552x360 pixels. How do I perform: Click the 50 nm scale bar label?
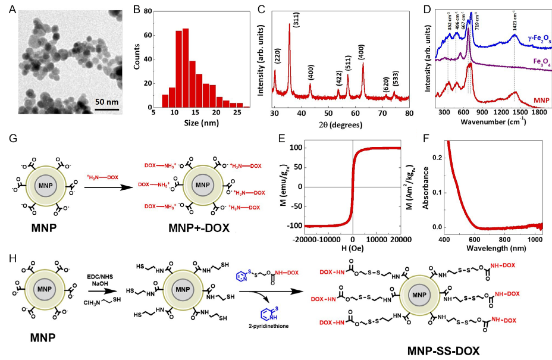(x=106, y=102)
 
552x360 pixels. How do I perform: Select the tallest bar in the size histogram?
(x=186, y=68)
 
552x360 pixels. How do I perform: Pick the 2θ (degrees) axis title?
(x=339, y=126)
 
